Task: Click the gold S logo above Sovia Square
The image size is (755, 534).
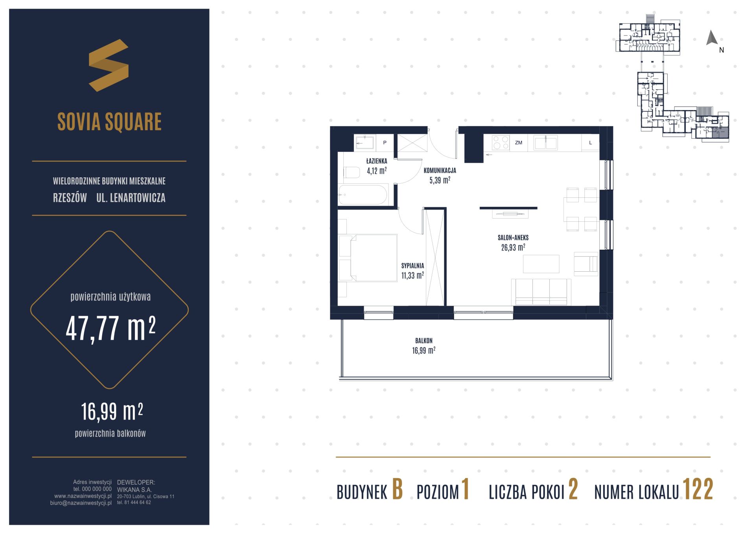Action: (109, 65)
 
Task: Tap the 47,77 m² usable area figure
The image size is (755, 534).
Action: (110, 329)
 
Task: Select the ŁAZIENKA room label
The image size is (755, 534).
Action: (377, 161)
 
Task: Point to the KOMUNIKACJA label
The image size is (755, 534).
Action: (440, 171)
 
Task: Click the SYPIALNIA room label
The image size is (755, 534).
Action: (412, 266)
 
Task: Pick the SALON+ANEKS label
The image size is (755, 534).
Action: (513, 238)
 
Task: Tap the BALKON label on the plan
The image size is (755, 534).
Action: (424, 341)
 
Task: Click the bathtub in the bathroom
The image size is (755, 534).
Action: (363, 194)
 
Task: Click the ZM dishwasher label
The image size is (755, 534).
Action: (519, 143)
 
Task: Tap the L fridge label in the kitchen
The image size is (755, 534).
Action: (590, 143)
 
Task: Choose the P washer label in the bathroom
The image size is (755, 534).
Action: (385, 143)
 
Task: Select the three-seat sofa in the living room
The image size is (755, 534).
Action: (541, 292)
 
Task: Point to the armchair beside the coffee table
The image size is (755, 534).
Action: (586, 264)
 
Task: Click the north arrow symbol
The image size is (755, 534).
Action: (712, 38)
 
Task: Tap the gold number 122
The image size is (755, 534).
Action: (698, 490)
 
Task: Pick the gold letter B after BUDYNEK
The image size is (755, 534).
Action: (398, 490)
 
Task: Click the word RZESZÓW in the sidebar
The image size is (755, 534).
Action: (70, 198)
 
